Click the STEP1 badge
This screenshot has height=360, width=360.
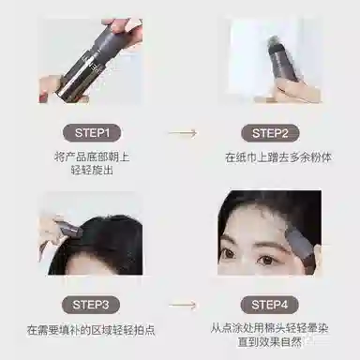point(92,133)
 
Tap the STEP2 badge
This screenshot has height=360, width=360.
point(270,133)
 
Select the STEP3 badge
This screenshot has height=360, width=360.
point(91,305)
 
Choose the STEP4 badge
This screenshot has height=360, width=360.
point(269,305)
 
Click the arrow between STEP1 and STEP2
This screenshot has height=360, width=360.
point(183,133)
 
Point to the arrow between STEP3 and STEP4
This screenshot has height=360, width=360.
point(183,305)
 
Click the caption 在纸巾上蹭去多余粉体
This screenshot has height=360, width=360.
point(278,157)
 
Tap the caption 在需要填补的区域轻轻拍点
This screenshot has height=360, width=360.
point(91,330)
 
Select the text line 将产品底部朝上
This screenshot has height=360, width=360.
point(92,157)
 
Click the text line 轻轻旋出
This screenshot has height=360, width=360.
point(92,171)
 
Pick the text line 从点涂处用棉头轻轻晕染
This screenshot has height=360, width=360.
point(269,328)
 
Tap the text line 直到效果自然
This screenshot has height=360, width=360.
point(269,342)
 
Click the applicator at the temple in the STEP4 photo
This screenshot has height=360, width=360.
point(302,250)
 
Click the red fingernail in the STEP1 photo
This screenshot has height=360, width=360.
point(42,96)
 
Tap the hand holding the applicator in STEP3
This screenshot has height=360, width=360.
point(50,232)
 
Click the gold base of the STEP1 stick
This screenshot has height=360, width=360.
point(67,92)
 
